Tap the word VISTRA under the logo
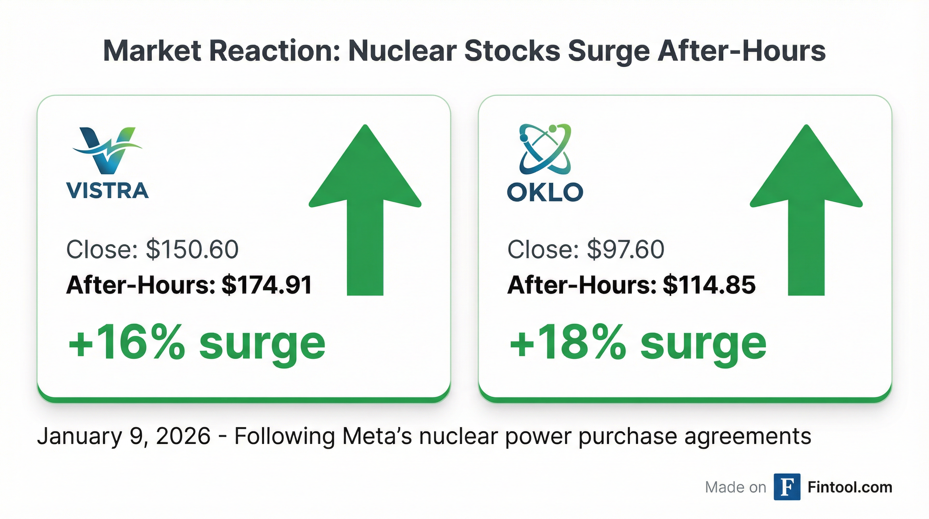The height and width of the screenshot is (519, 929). (107, 191)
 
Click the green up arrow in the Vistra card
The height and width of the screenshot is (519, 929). (365, 209)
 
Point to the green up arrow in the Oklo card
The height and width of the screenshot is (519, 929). (806, 209)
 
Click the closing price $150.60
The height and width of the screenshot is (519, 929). (192, 249)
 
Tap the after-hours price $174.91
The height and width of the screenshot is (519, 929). (267, 285)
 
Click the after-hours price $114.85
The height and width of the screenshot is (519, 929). (709, 285)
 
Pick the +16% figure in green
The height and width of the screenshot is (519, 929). (126, 342)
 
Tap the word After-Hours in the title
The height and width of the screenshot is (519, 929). (741, 51)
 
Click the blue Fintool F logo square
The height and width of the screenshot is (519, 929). (787, 487)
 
